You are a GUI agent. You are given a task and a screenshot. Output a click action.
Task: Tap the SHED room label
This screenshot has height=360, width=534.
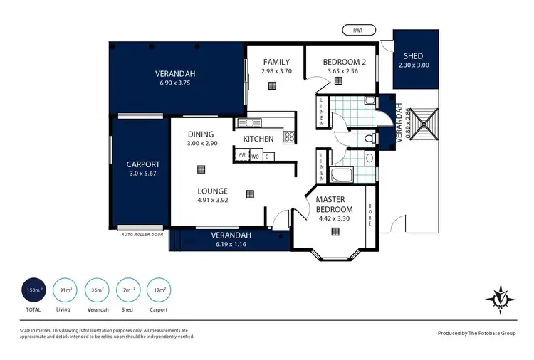pyautogui.click(x=413, y=56)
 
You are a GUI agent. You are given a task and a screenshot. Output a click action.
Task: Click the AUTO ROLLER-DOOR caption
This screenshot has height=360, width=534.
pyautogui.click(x=142, y=234)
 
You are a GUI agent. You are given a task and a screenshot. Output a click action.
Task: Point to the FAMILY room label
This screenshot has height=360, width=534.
pyautogui.click(x=276, y=62)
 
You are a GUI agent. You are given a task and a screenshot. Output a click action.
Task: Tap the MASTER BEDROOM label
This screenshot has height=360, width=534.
pyautogui.click(x=335, y=204)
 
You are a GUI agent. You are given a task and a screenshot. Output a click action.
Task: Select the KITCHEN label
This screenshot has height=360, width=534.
pyautogui.click(x=259, y=139)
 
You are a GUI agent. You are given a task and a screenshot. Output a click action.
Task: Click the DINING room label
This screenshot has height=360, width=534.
pyautogui.click(x=201, y=134)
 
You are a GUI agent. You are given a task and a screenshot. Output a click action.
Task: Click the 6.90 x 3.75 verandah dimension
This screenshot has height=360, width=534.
pyautogui.click(x=175, y=83)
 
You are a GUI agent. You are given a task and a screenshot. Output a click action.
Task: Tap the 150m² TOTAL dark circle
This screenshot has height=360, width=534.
pyautogui.click(x=34, y=290)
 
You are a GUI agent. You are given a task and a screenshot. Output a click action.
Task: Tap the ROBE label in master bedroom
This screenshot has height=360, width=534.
pyautogui.click(x=370, y=215)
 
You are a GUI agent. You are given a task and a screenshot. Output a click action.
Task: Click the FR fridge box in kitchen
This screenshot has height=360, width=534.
pyautogui.click(x=243, y=154)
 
